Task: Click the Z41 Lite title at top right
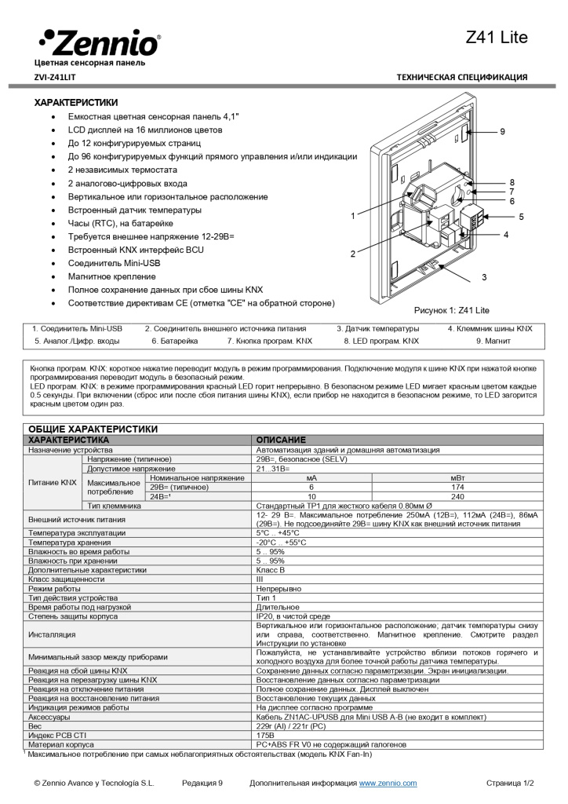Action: click(497, 38)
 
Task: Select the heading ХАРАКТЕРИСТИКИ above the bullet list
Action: click(76, 102)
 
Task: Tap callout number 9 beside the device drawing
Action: click(503, 131)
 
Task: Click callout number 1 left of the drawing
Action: click(354, 215)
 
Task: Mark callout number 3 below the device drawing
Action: click(484, 277)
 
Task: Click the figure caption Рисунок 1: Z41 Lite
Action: click(451, 310)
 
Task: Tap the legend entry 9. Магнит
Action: click(493, 342)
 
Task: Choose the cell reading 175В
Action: click(265, 735)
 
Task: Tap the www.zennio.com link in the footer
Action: click(388, 784)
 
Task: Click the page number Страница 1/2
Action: click(510, 784)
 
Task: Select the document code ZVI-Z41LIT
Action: click(55, 77)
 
